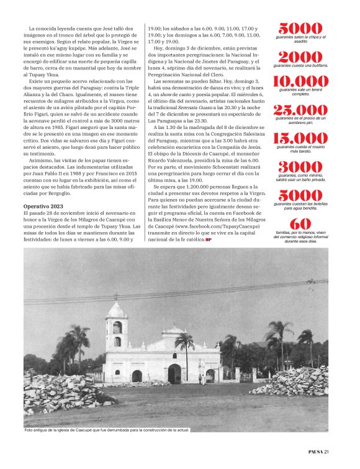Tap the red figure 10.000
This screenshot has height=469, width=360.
(x=300, y=81)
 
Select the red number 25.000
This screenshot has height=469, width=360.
(x=300, y=111)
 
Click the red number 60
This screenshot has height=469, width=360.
(x=300, y=224)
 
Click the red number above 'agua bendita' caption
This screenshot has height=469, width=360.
(x=300, y=195)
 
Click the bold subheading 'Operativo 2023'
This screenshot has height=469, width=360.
(x=44, y=205)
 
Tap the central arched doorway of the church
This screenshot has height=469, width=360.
(x=174, y=373)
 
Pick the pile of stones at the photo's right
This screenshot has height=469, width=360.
(x=292, y=382)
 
